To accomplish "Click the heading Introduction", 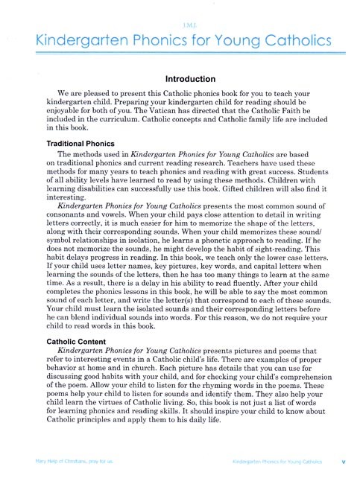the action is [180, 79].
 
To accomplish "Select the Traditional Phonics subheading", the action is [67, 142].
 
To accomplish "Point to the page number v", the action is [342, 462].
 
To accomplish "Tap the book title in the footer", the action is [277, 462].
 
